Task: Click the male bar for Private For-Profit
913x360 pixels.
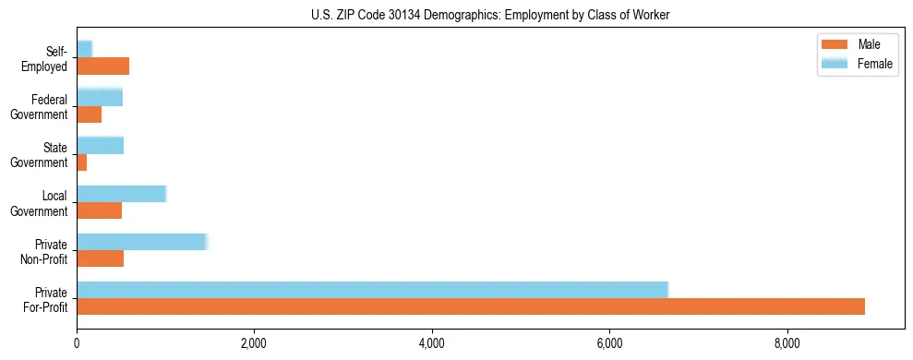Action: (x=471, y=306)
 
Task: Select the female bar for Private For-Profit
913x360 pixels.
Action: (x=372, y=290)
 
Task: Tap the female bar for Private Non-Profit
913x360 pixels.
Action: (x=142, y=242)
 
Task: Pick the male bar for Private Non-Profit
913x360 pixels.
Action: (x=100, y=258)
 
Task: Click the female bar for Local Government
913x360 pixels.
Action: (x=121, y=193)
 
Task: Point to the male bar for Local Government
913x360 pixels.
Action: (x=99, y=210)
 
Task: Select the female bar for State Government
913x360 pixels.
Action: (x=100, y=145)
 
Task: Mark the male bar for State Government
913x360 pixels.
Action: (x=82, y=162)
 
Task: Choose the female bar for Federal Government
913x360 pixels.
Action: (x=100, y=97)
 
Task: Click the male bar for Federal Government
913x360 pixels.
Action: (x=89, y=114)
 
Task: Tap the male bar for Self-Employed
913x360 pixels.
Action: (x=102, y=66)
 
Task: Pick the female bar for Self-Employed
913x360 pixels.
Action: (x=84, y=49)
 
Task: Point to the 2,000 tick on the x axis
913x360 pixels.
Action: (x=254, y=344)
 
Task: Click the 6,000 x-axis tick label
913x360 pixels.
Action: (x=609, y=344)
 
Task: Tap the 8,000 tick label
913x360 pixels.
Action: (x=787, y=344)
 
